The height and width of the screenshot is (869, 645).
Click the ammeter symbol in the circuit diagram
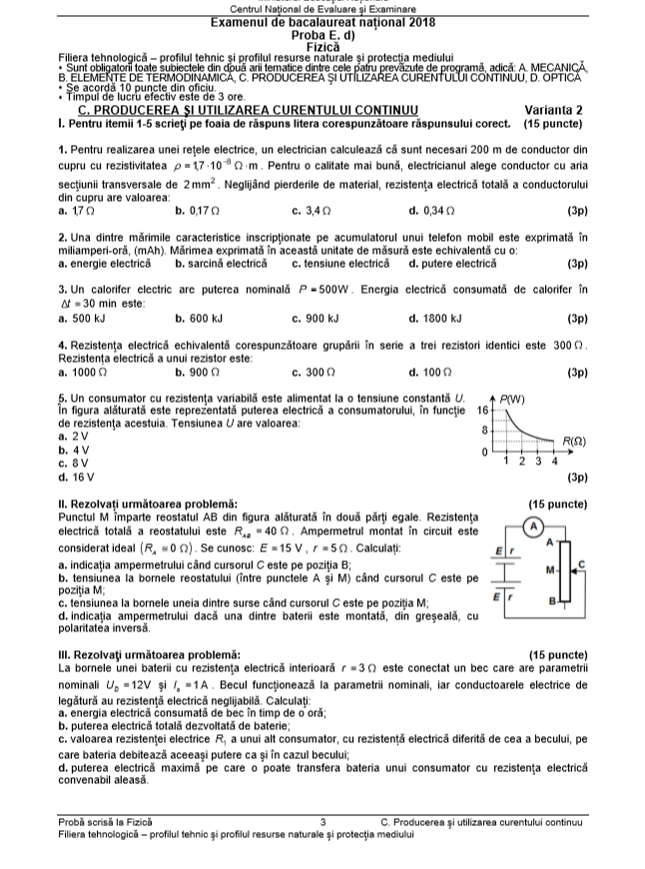pos(534,525)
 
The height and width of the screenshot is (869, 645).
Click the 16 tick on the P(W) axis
pos(482,410)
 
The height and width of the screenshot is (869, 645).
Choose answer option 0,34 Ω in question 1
pos(431,211)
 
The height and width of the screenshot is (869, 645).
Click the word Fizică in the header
pos(322,46)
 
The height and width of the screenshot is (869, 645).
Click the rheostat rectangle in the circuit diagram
pos(566,573)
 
